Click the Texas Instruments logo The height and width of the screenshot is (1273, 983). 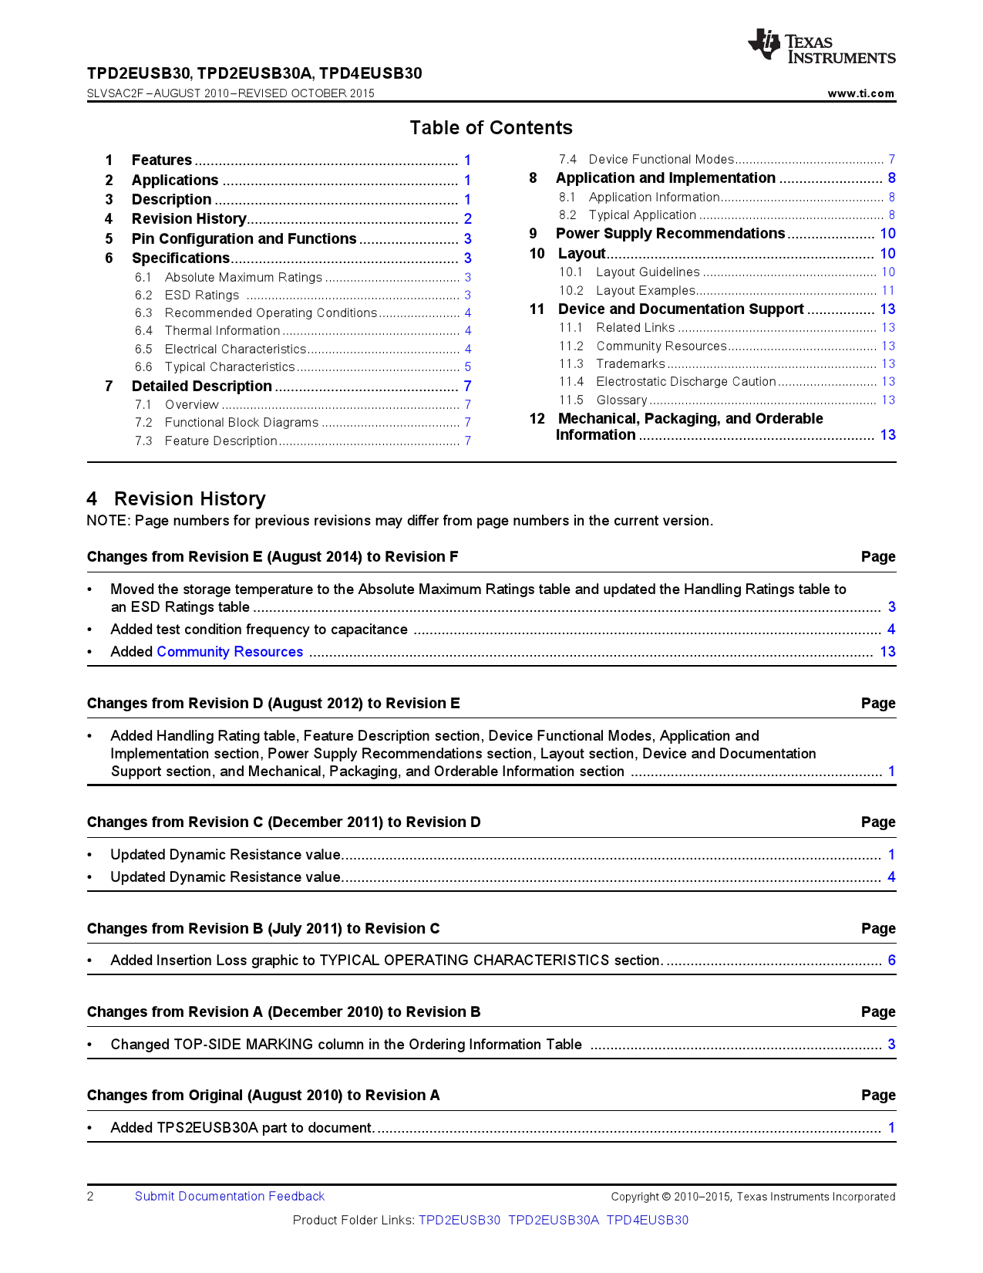821,46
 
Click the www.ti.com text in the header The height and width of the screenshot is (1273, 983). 860,93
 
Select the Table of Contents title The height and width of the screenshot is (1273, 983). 491,128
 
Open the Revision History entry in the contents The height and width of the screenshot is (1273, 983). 189,219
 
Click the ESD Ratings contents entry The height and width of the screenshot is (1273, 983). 202,295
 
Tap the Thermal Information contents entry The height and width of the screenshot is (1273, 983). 222,331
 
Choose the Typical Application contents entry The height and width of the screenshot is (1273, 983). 642,215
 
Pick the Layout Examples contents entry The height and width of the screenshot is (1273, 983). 645,291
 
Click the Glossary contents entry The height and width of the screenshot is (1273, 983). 621,400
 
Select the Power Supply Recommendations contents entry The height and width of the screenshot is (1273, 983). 670,234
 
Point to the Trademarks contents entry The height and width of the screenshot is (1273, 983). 630,364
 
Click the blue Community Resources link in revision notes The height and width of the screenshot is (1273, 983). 230,652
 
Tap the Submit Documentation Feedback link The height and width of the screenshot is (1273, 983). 230,1197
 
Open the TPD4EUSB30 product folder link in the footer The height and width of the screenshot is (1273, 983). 647,1221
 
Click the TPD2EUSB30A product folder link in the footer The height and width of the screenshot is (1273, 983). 553,1221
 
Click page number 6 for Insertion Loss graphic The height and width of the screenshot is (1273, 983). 891,961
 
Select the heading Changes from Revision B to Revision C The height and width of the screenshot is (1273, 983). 263,929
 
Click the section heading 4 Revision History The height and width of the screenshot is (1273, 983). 176,499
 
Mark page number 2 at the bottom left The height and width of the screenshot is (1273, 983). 90,1197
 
